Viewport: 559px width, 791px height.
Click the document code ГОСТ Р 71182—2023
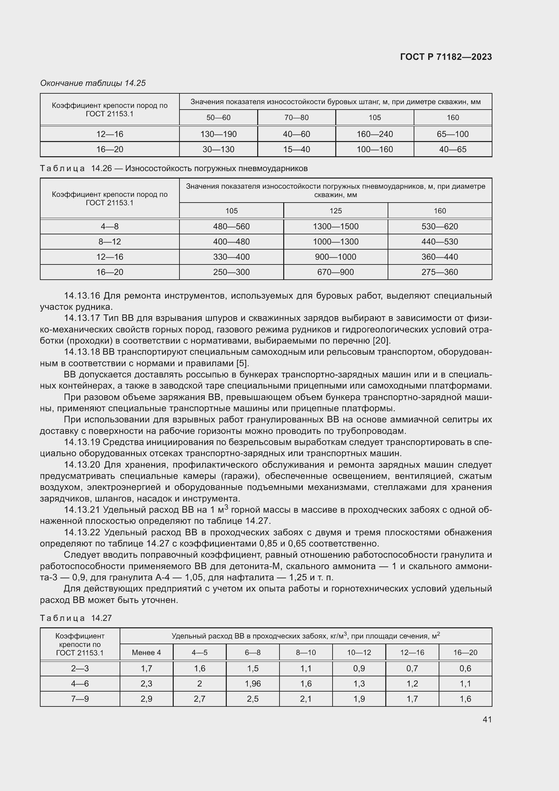pyautogui.click(x=446, y=57)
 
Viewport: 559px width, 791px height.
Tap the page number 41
pyautogui.click(x=487, y=719)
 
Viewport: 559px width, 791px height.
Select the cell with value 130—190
pyautogui.click(x=218, y=134)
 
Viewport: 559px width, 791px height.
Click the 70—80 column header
pyautogui.click(x=296, y=117)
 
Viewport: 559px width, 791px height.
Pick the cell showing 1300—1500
pyautogui.click(x=336, y=226)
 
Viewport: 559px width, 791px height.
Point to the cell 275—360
pyautogui.click(x=440, y=272)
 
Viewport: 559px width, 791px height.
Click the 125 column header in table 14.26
pyautogui.click(x=336, y=210)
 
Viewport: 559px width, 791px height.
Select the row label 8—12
pyautogui.click(x=110, y=241)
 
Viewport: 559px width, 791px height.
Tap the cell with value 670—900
pyautogui.click(x=336, y=272)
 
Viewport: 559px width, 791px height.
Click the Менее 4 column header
pyautogui.click(x=146, y=652)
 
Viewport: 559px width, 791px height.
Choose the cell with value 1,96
pyautogui.click(x=253, y=683)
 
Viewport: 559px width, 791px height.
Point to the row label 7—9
pyautogui.click(x=80, y=699)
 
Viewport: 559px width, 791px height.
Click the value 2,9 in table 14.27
pyautogui.click(x=146, y=699)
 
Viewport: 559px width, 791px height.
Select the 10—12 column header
pyautogui.click(x=359, y=652)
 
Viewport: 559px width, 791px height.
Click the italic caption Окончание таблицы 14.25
pyautogui.click(x=93, y=83)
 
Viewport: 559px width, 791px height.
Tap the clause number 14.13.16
pyautogui.click(x=82, y=296)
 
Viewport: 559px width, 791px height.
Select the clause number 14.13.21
pyautogui.click(x=82, y=510)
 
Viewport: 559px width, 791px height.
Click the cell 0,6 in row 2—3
pyautogui.click(x=465, y=668)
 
